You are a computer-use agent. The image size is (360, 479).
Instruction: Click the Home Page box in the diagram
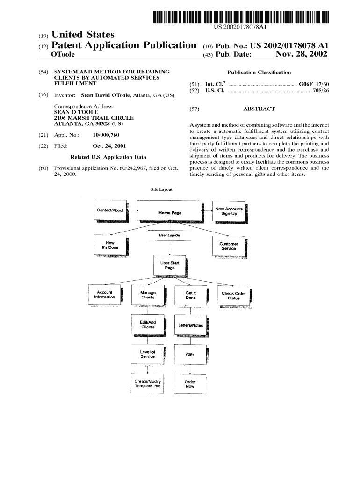tap(170, 212)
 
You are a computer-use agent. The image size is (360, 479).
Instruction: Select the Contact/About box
tap(110, 210)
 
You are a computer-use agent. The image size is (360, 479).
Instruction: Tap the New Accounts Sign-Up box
tap(229, 211)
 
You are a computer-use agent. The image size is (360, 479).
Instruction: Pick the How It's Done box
tap(110, 246)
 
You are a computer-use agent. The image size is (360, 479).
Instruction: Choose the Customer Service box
tap(229, 246)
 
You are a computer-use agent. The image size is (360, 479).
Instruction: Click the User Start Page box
tap(170, 266)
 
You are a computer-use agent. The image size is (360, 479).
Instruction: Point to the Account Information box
tap(105, 295)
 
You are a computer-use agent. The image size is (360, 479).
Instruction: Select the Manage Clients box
tap(148, 295)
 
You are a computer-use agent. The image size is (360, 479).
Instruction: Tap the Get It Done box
tap(191, 295)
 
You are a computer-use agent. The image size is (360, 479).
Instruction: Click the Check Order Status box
tap(234, 296)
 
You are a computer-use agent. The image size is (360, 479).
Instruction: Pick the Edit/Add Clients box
tap(148, 325)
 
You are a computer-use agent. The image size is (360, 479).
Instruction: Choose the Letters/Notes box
tap(191, 325)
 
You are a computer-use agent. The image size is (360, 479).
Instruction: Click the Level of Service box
tap(148, 354)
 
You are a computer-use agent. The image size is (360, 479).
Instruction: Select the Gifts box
tap(190, 355)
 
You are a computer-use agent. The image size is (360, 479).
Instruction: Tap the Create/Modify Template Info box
tap(147, 384)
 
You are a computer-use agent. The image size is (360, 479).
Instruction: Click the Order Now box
tap(190, 384)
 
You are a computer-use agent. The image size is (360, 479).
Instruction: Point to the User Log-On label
tap(169, 235)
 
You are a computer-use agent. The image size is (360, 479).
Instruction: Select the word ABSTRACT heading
tap(259, 109)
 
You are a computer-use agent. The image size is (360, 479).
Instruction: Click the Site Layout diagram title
tap(161, 189)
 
